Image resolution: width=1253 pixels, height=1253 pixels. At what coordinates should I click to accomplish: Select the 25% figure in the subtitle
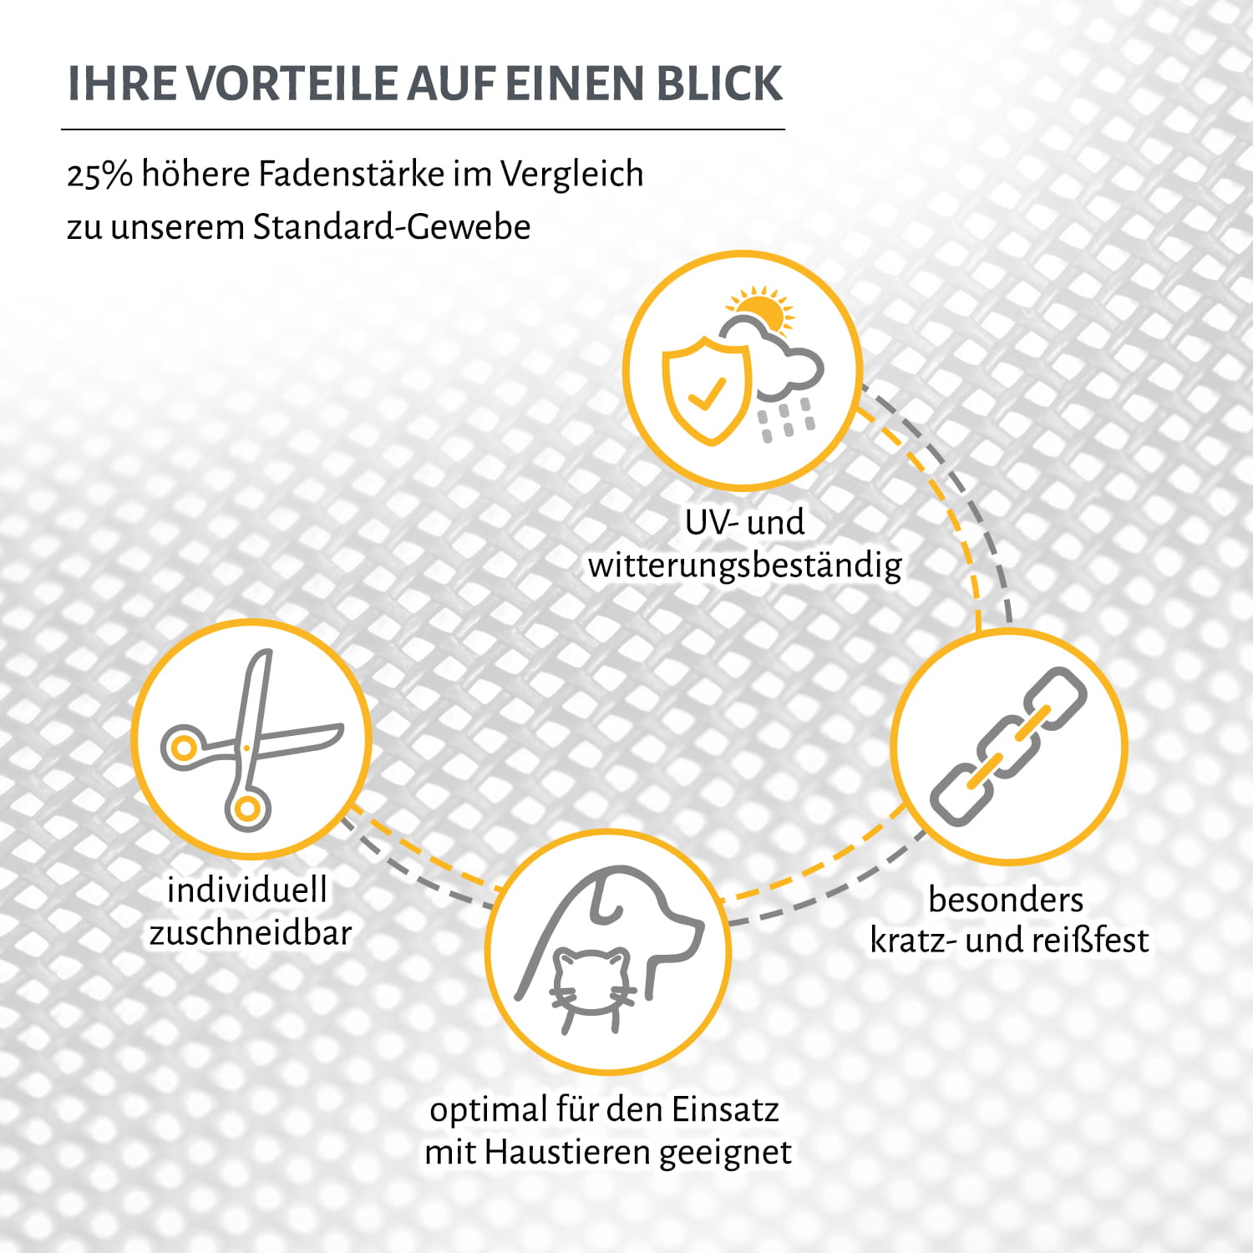tap(99, 175)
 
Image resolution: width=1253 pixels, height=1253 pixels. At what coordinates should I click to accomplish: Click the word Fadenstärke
tap(351, 174)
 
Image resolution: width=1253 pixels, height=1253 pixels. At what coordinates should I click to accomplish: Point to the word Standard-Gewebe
tap(392, 227)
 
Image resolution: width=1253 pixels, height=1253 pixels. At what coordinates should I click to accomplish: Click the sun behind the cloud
tap(762, 309)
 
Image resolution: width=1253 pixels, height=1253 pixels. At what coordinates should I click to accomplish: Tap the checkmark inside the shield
tap(708, 393)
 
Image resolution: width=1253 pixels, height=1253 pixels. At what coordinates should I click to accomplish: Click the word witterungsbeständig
tap(744, 566)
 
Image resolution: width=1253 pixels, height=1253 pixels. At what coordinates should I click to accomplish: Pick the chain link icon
tap(1008, 746)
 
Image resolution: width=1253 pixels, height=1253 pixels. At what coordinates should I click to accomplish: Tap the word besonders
tap(1006, 900)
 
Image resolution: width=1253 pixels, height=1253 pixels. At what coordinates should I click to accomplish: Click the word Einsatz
tap(725, 1110)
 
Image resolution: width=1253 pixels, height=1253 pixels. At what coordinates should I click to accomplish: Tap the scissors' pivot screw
tap(246, 747)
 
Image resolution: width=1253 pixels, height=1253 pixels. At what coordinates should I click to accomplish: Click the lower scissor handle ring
tap(247, 808)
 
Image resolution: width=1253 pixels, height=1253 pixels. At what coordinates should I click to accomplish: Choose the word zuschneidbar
tap(251, 933)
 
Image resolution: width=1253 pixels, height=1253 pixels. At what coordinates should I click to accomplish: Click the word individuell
tap(247, 890)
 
